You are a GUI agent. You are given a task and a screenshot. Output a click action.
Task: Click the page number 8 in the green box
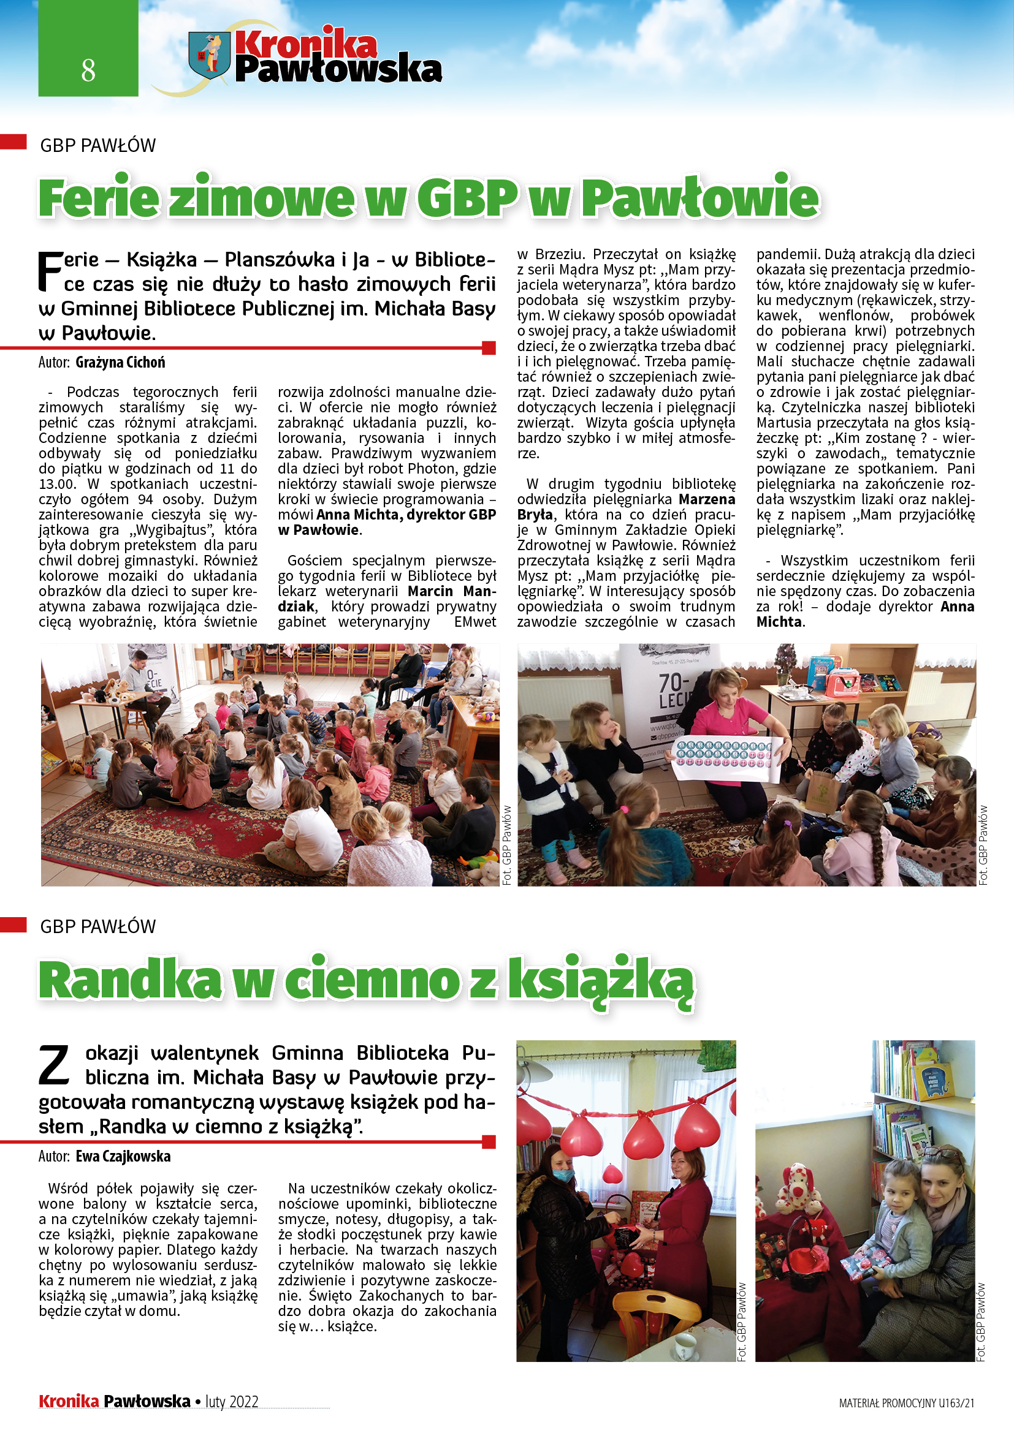pyautogui.click(x=88, y=70)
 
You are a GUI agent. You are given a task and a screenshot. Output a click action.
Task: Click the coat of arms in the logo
pyautogui.click(x=209, y=55)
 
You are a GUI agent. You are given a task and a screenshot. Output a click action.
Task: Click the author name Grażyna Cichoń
pyautogui.click(x=121, y=363)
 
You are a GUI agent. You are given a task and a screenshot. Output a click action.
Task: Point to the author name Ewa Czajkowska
pyautogui.click(x=123, y=1157)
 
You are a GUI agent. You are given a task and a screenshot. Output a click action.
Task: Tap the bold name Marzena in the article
pyautogui.click(x=707, y=499)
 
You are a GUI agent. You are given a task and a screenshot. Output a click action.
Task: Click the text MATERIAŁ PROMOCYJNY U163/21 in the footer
pyautogui.click(x=906, y=1403)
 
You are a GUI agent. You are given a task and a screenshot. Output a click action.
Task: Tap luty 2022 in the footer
pyautogui.click(x=232, y=1402)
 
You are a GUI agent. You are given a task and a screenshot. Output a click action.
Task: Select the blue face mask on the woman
pyautogui.click(x=565, y=1174)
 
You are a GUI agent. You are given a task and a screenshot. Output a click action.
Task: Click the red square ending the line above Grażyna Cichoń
pyautogui.click(x=489, y=347)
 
